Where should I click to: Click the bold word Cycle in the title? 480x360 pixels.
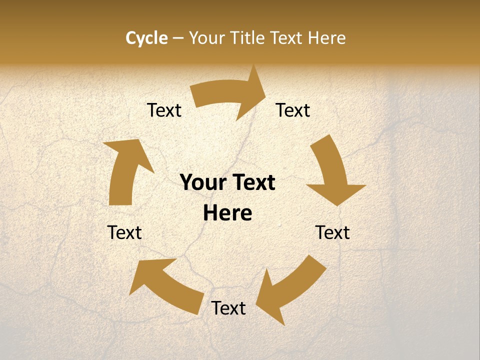click(x=146, y=38)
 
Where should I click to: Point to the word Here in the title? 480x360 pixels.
click(x=326, y=38)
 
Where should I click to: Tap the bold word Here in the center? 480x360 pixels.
click(x=227, y=213)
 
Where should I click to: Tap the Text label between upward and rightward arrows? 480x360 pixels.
click(x=164, y=110)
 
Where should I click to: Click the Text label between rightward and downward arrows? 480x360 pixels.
click(x=293, y=110)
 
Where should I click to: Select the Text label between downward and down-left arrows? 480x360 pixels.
click(x=332, y=232)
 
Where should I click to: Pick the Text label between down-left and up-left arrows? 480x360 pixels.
click(x=228, y=308)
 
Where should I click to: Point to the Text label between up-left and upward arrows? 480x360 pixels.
click(x=124, y=232)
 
